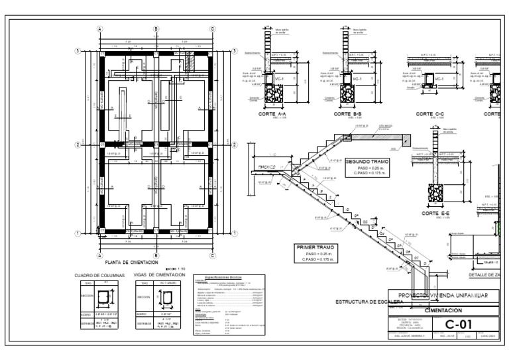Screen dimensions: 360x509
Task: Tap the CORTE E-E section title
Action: point(436,214)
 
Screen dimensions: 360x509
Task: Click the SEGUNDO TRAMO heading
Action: point(367,161)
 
